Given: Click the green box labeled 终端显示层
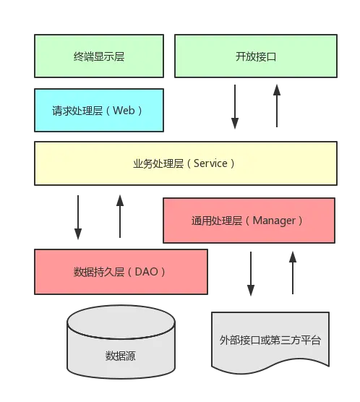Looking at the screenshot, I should coord(99,56).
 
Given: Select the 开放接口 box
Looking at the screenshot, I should coord(256,56).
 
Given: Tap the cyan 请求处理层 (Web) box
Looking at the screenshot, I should coord(98,111).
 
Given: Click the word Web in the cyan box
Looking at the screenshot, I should coord(124,111).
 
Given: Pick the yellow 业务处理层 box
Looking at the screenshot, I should coord(184,163).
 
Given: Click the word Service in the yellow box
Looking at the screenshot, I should coord(211,163).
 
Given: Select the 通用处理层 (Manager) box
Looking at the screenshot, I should coord(248,221).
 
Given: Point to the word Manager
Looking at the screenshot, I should coord(275,221).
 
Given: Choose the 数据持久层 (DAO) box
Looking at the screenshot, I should coord(120,272).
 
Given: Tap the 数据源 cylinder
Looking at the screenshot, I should coord(121,347).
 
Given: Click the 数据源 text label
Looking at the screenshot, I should coord(120,356).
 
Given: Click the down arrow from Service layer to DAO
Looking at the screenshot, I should coord(78,217).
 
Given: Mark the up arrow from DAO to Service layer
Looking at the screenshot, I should coord(121,217).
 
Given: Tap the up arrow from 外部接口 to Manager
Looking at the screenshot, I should coord(292,275).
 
